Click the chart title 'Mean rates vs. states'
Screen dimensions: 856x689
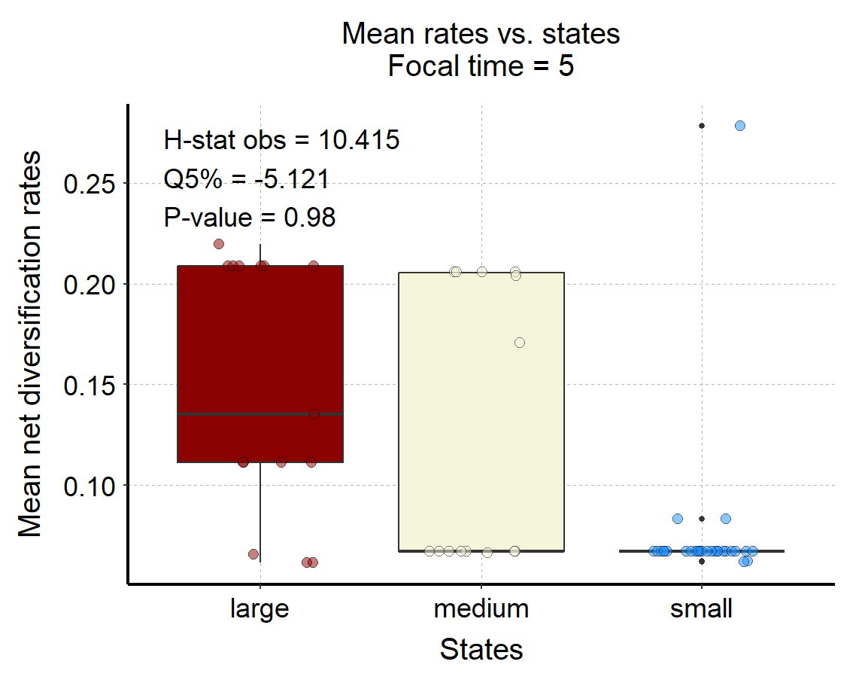481,34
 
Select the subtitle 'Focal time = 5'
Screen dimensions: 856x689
481,67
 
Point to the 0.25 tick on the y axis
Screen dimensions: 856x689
90,184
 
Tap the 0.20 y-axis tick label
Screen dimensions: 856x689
90,285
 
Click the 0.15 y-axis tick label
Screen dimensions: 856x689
90,386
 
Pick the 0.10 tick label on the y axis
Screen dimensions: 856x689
90,486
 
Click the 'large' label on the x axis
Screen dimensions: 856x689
260,609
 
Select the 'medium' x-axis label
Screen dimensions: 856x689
481,608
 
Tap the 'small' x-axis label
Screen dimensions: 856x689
702,608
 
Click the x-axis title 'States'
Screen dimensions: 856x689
481,649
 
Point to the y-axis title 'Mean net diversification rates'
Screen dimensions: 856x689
29,344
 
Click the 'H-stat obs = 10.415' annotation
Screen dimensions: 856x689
281,140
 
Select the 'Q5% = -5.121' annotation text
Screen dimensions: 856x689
247,178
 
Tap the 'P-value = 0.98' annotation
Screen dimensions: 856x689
250,218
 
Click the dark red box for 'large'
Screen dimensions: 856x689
260,364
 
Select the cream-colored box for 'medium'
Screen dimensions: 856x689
481,411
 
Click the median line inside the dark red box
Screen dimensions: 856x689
260,414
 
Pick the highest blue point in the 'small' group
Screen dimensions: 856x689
740,126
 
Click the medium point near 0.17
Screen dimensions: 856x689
520,343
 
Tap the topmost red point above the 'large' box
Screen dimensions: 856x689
219,244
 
